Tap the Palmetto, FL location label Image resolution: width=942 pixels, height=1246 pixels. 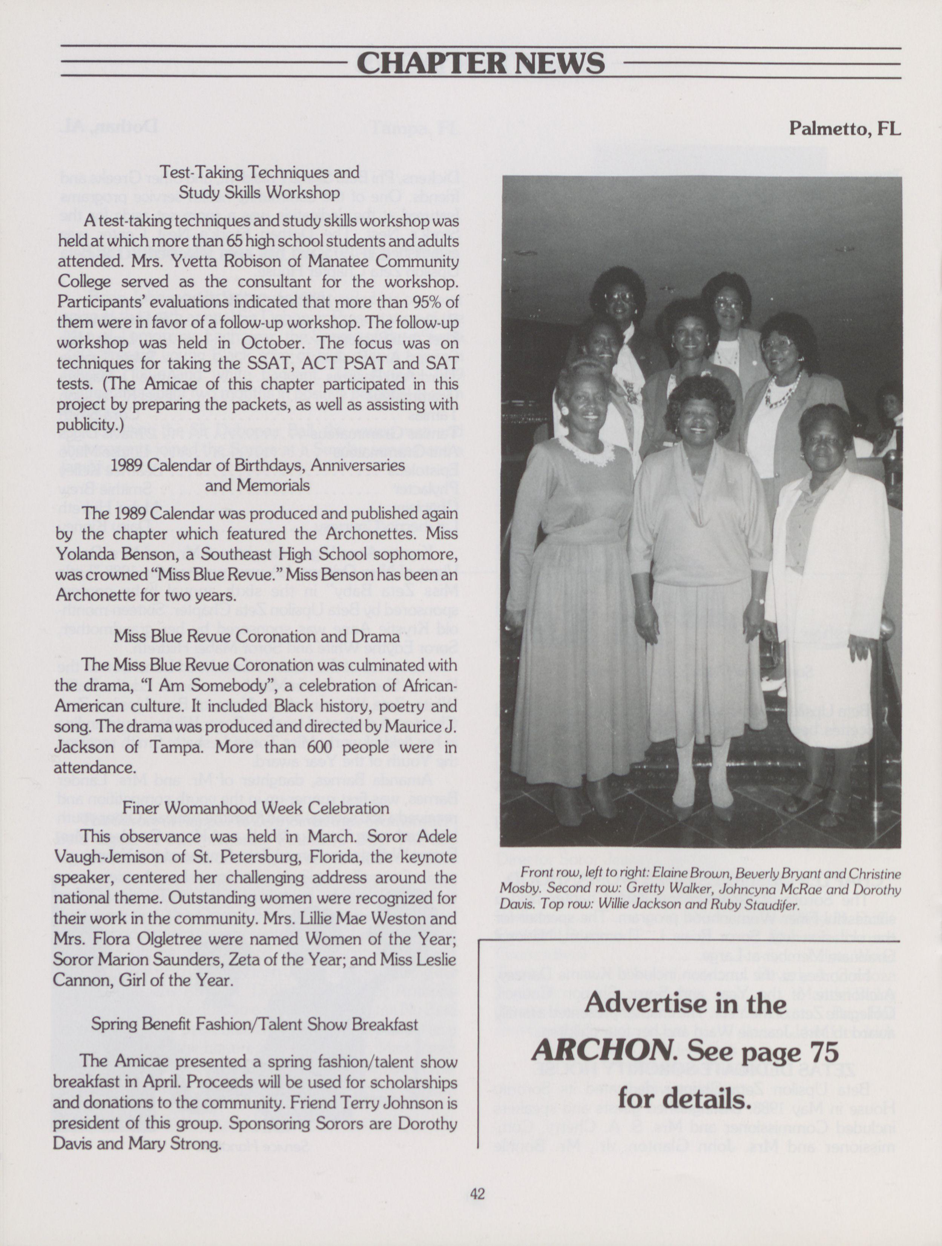click(844, 129)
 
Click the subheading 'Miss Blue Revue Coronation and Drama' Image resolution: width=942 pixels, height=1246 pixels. click(257, 636)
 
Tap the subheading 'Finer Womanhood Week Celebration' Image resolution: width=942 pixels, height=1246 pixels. click(256, 807)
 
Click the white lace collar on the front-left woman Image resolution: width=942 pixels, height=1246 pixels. click(586, 450)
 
